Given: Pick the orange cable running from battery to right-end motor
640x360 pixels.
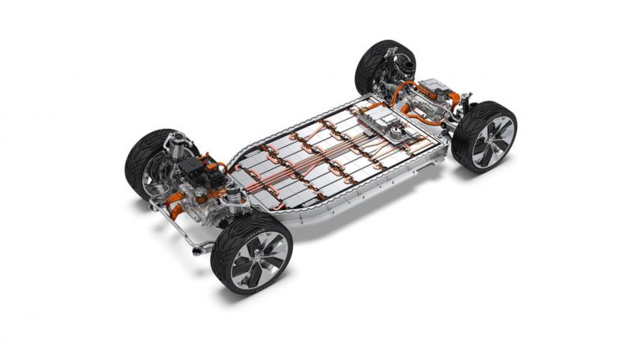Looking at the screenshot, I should pos(400,100).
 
